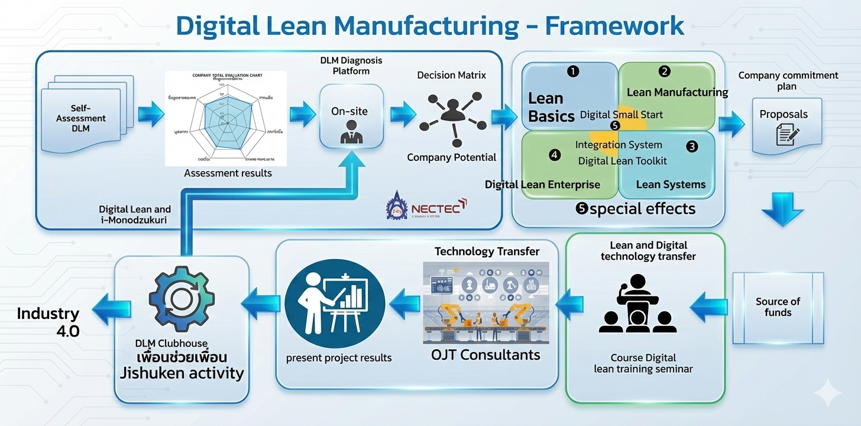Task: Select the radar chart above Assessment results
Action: pos(225,118)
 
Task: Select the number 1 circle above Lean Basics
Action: pos(572,72)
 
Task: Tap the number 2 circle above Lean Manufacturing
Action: pos(665,72)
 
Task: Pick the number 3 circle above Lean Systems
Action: pos(692,146)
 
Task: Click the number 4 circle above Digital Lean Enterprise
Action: pos(554,155)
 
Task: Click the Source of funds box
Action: pos(778,307)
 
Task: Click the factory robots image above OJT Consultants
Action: pos(485,302)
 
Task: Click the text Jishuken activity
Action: pos(182,373)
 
